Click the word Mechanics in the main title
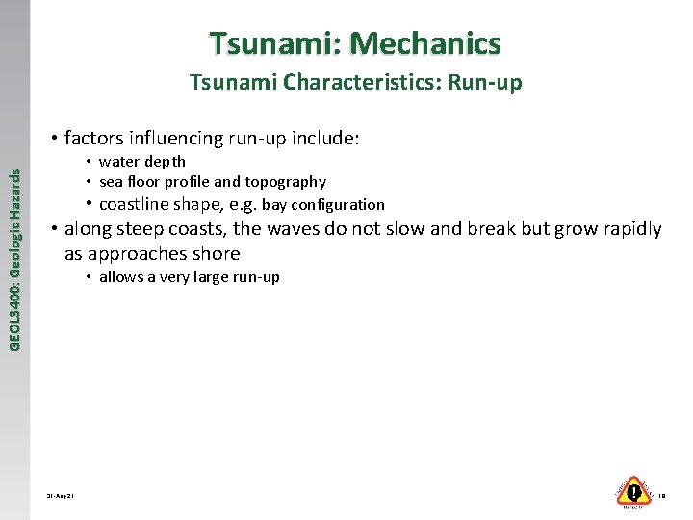pos(425,44)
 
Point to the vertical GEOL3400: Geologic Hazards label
pos(14,246)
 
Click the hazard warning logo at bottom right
pos(633,491)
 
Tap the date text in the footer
pos(61,497)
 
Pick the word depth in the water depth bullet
pos(165,162)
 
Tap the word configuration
pos(338,205)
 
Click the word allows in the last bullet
pos(120,278)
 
